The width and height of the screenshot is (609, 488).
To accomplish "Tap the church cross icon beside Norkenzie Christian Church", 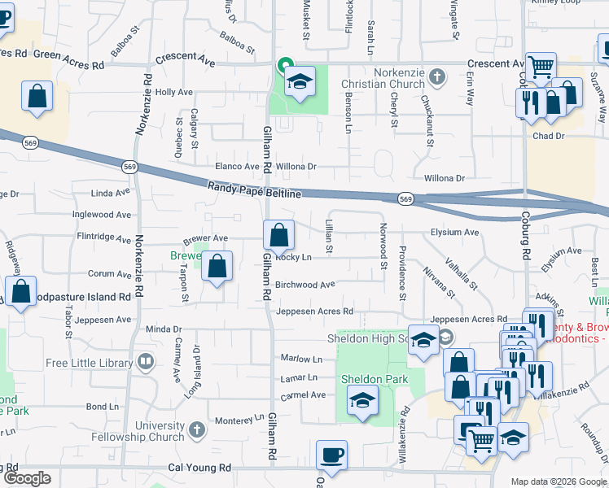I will tap(437, 77).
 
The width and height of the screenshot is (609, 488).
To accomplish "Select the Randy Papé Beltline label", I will tap(254, 190).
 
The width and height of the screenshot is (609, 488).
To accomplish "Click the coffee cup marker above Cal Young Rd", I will tap(331, 455).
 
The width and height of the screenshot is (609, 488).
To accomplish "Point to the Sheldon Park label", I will tap(362, 379).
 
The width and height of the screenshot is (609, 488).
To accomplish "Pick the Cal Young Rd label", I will tap(199, 468).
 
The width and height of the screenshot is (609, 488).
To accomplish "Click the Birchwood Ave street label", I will tap(304, 285).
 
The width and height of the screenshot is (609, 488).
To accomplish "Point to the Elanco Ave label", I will tap(236, 167).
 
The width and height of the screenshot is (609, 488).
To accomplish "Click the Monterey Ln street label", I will tap(234, 420).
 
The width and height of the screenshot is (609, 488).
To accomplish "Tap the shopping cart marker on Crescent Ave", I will tap(540, 68).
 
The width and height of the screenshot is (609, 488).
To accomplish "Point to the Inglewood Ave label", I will tap(102, 215).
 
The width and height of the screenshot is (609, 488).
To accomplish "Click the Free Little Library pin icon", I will tap(147, 360).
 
